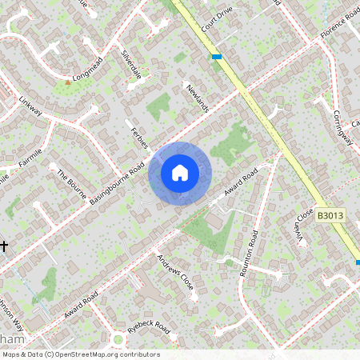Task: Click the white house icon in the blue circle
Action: coord(180,173)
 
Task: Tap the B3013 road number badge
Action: coord(330,216)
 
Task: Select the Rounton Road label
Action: coord(250,254)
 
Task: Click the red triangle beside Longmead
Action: coord(67,82)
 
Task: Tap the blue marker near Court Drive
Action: coord(217,56)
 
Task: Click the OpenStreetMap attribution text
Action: coord(80,354)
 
